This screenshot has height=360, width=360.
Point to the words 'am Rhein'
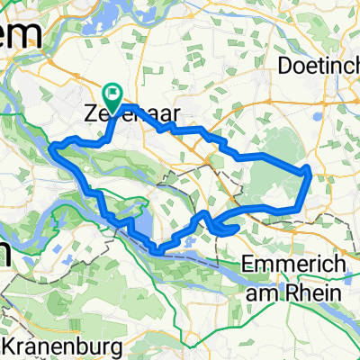[292, 292]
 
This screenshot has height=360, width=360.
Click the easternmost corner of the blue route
[310, 168]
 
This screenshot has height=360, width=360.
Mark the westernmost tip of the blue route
[54, 148]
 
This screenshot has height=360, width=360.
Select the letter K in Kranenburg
[12, 344]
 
